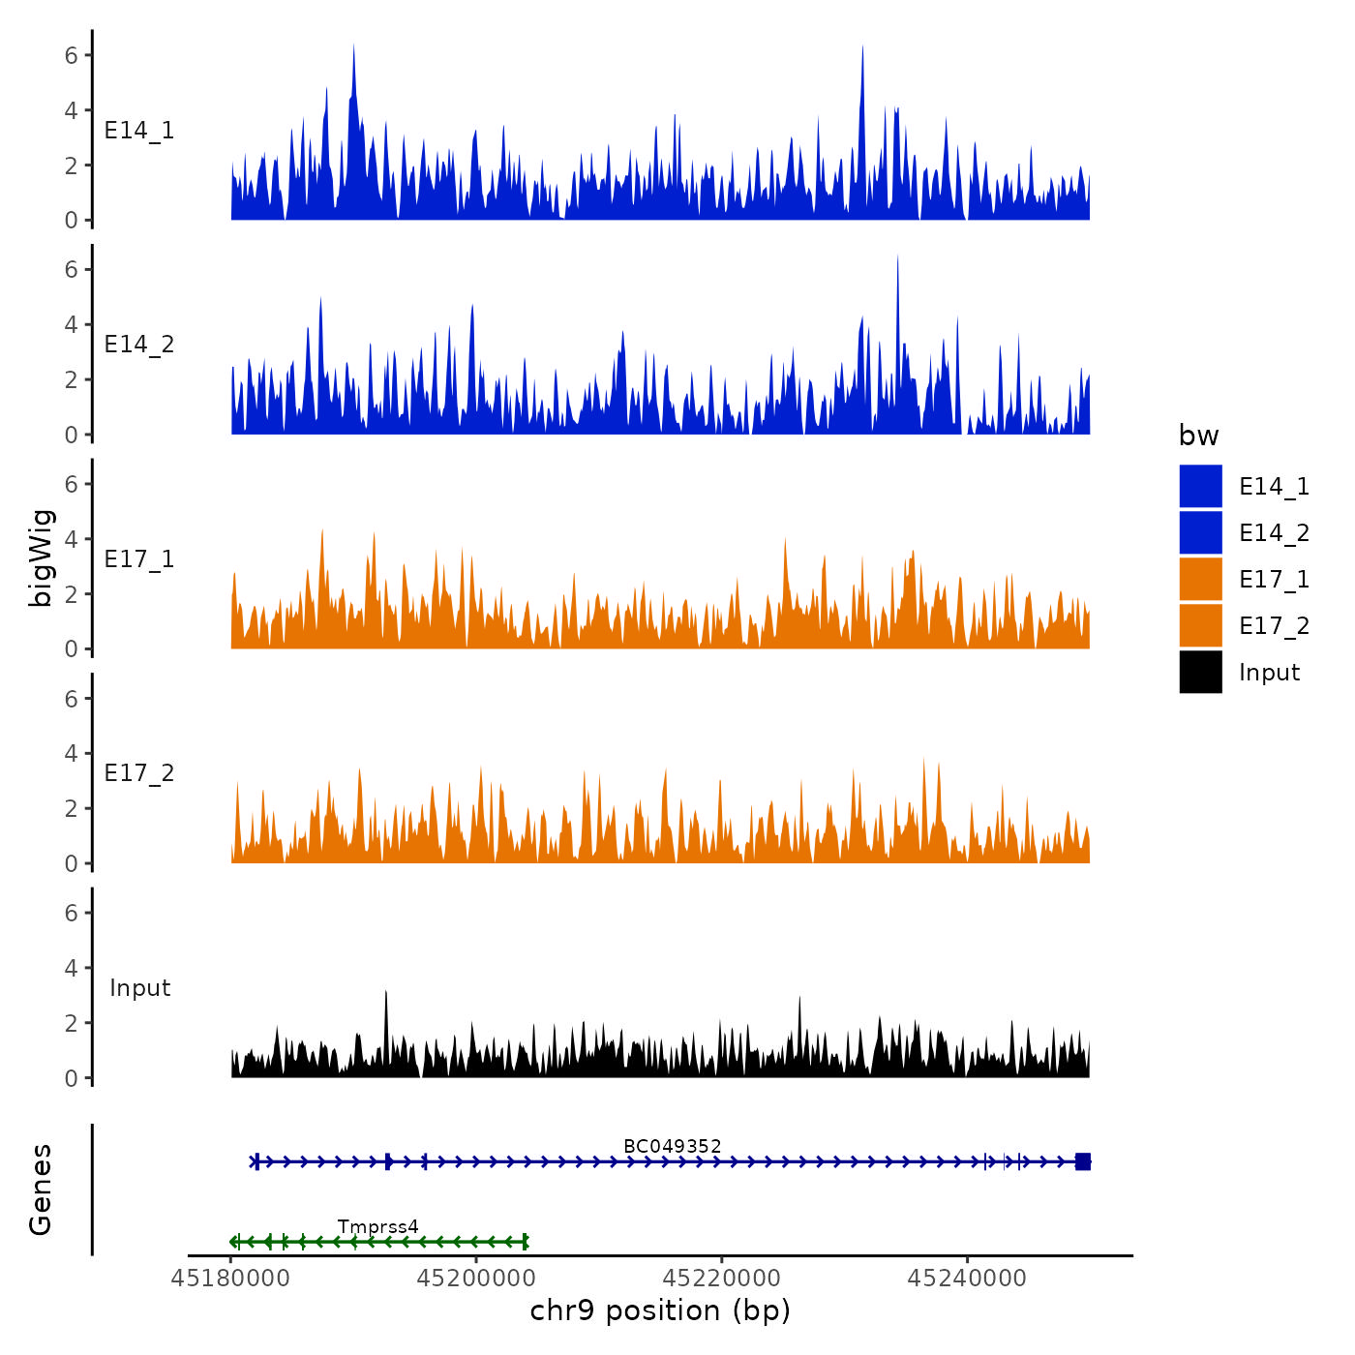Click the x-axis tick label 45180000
coord(230,1278)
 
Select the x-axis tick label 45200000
coord(476,1278)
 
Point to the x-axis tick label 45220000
coord(722,1278)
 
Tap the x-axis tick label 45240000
coord(967,1278)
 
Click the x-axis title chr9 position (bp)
coord(660,1311)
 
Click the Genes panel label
coord(41,1189)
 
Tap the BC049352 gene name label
coord(672,1146)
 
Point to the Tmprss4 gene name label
coord(377,1227)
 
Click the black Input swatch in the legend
coord(1200,673)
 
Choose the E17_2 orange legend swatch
coord(1200,626)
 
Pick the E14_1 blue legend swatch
coord(1200,486)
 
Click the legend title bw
coord(1198,437)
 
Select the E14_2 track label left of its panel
coord(139,345)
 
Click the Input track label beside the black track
coord(139,988)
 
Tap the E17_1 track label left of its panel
coord(139,559)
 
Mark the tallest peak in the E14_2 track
coord(897,257)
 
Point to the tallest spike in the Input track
coord(385,993)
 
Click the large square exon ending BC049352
coord(1083,1161)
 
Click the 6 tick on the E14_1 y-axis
coord(72,55)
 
